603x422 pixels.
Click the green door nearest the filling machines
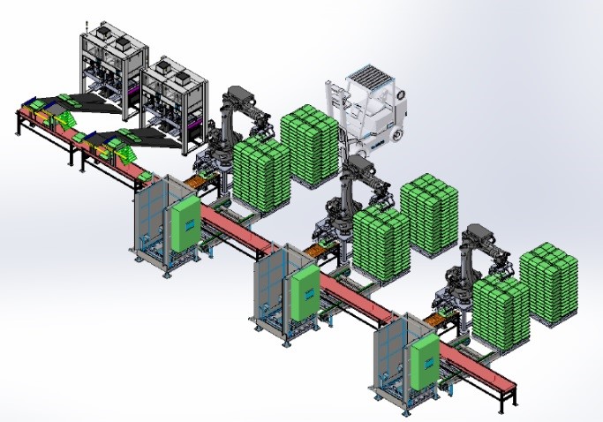tap(186, 223)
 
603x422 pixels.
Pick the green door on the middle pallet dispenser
tap(305, 293)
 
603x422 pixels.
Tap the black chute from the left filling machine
tap(88, 103)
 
